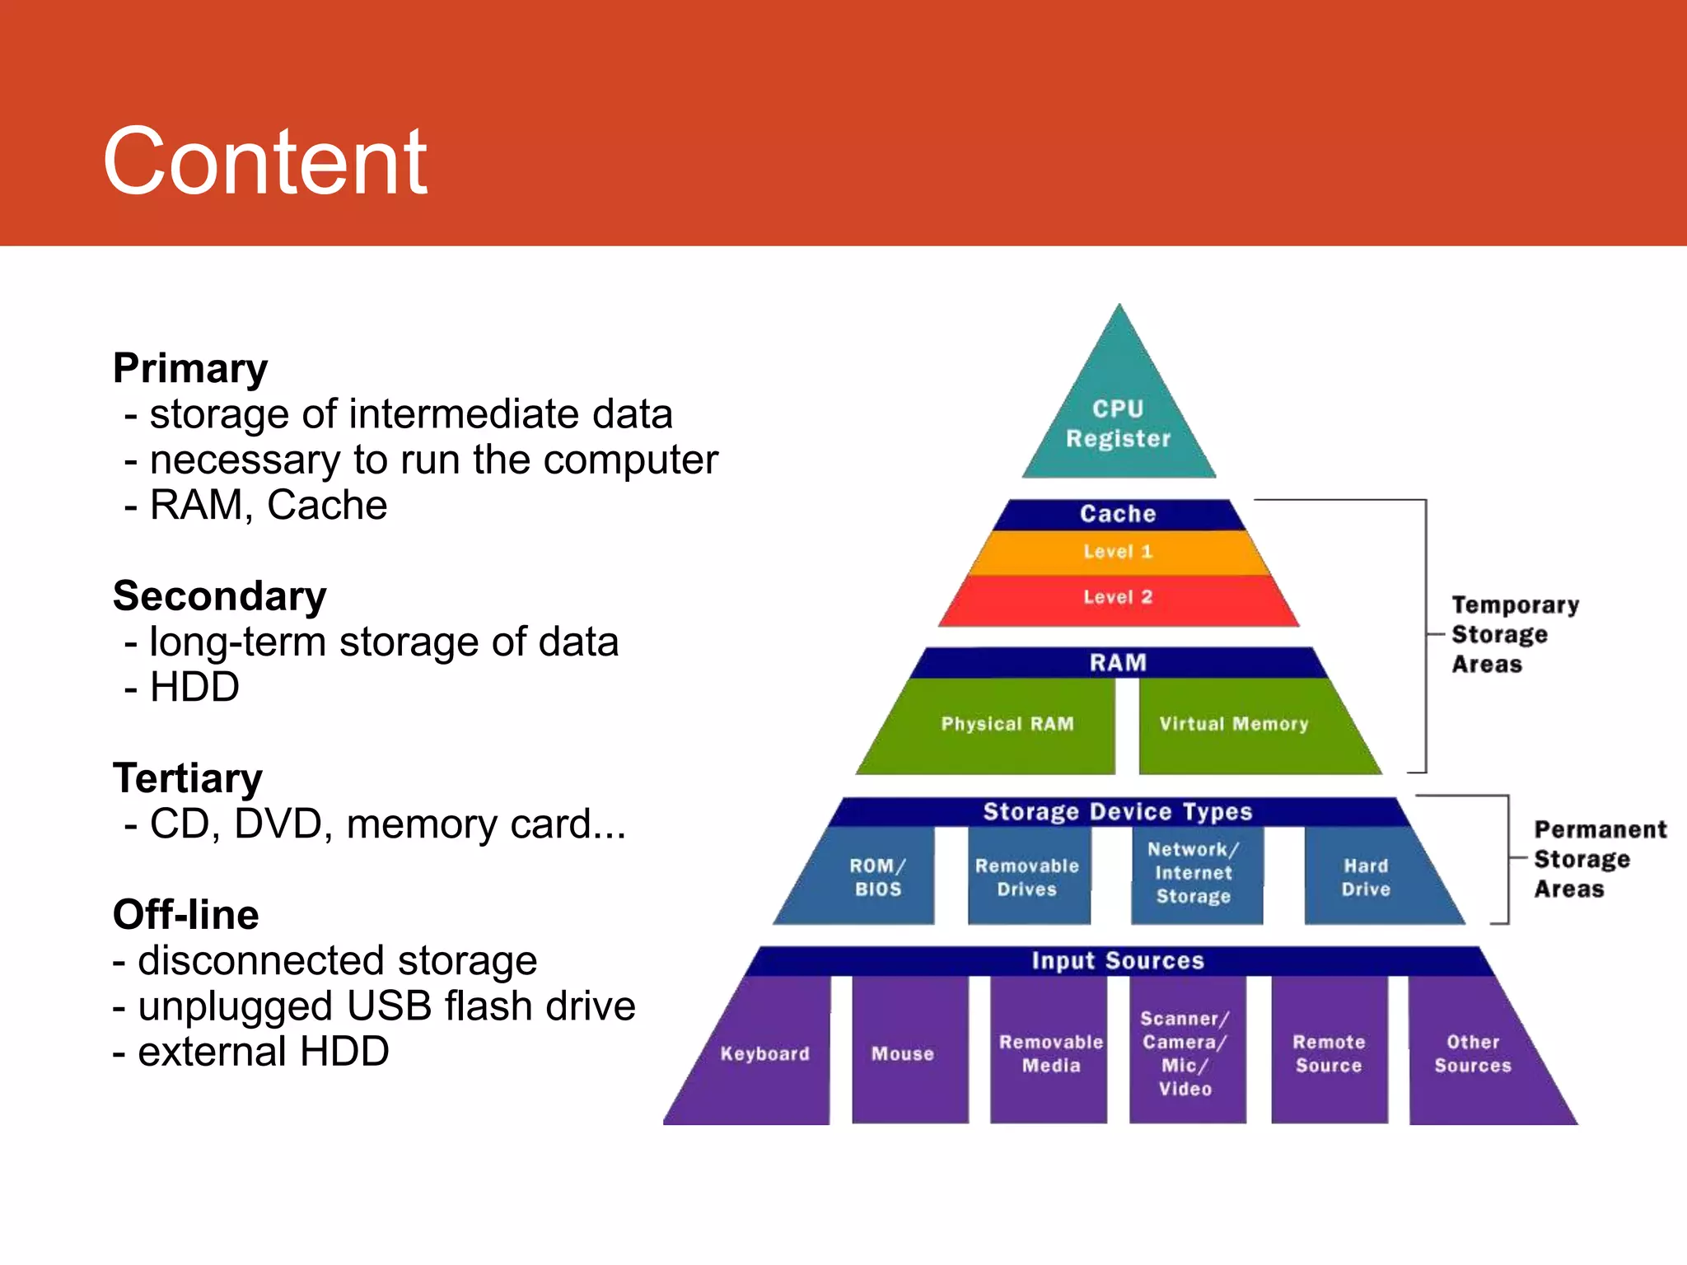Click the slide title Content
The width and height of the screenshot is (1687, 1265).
click(x=264, y=162)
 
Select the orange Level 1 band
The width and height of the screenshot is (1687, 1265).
click(x=1118, y=552)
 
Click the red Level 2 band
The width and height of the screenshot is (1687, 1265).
click(x=1118, y=598)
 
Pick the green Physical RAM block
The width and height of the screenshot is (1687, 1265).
click(x=1007, y=725)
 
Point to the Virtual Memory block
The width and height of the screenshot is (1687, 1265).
click(x=1233, y=725)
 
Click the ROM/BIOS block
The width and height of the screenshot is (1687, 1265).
click(x=876, y=877)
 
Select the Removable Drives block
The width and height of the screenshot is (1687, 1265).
click(x=1027, y=877)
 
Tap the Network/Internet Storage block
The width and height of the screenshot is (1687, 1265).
click(x=1194, y=873)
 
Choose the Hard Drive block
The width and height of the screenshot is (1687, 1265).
click(x=1367, y=877)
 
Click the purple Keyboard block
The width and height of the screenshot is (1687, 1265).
click(x=764, y=1054)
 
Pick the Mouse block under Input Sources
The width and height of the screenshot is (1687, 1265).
click(x=904, y=1054)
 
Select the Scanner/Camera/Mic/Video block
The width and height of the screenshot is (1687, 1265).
click(x=1185, y=1054)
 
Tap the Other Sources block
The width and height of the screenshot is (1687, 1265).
click(x=1473, y=1054)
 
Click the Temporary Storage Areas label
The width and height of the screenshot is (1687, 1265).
click(x=1514, y=635)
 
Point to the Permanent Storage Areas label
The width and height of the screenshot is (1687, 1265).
click(x=1598, y=860)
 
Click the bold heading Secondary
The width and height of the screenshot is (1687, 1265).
click(x=220, y=596)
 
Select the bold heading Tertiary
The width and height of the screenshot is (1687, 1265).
click(x=188, y=778)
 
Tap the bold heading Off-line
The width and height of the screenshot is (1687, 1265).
click(x=186, y=915)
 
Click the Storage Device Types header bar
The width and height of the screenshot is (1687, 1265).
click(x=1118, y=812)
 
